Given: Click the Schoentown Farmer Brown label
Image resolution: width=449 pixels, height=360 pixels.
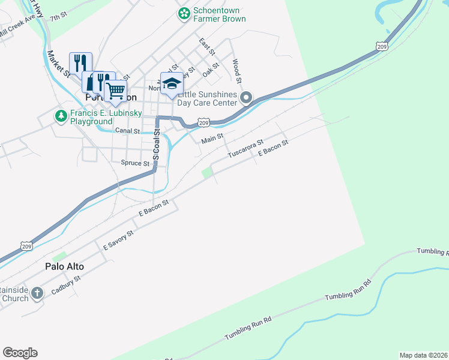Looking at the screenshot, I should (219, 15).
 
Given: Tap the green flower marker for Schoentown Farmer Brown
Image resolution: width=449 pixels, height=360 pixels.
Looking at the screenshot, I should (184, 13).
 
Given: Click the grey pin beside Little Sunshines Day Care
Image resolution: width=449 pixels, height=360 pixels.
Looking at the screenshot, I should (246, 97).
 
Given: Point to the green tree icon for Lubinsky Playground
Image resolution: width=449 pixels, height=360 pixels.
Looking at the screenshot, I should (60, 116).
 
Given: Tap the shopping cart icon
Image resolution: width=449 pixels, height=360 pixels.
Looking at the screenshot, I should (115, 91).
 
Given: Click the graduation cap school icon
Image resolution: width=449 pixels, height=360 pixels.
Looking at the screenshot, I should (172, 83).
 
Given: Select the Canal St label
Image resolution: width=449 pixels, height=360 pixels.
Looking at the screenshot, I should (127, 131).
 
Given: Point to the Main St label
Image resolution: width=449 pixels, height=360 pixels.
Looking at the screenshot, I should (212, 140).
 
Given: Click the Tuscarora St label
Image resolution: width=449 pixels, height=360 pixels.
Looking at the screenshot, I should (246, 150).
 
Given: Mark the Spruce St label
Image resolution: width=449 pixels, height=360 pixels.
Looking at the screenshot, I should (134, 163).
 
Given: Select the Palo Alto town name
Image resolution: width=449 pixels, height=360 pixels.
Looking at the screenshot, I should (64, 266).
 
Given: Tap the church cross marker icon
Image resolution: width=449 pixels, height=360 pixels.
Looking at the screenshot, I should (37, 293).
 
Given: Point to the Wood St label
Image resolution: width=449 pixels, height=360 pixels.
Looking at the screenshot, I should (237, 71).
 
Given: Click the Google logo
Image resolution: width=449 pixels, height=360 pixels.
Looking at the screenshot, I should (20, 353).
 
